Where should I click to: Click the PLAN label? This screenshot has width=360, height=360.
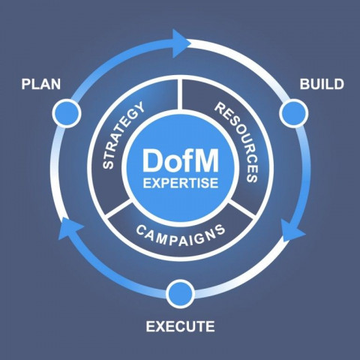tap(41, 84)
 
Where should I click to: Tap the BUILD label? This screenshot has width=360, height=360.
tap(322, 84)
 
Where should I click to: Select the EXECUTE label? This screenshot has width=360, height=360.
tap(180, 326)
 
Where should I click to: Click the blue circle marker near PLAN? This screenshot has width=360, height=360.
tap(67, 113)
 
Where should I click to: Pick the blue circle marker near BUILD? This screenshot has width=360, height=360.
tap(293, 113)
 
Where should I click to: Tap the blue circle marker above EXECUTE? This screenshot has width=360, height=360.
tap(180, 294)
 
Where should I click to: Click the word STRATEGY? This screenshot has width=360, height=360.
tap(123, 135)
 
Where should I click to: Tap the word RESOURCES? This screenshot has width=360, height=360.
tap(236, 142)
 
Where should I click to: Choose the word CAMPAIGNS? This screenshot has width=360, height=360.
tap(180, 235)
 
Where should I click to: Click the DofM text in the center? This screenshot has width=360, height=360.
tap(181, 160)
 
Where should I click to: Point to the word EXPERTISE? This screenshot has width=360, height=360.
tap(181, 183)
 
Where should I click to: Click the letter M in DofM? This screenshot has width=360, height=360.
tap(206, 160)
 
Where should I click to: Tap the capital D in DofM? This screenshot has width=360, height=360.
tap(151, 160)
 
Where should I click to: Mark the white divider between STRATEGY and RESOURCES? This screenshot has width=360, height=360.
tap(180, 94)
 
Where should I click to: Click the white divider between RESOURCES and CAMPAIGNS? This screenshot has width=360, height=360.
tap(242, 207)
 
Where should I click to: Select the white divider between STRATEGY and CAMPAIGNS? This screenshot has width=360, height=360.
tap(118, 207)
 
